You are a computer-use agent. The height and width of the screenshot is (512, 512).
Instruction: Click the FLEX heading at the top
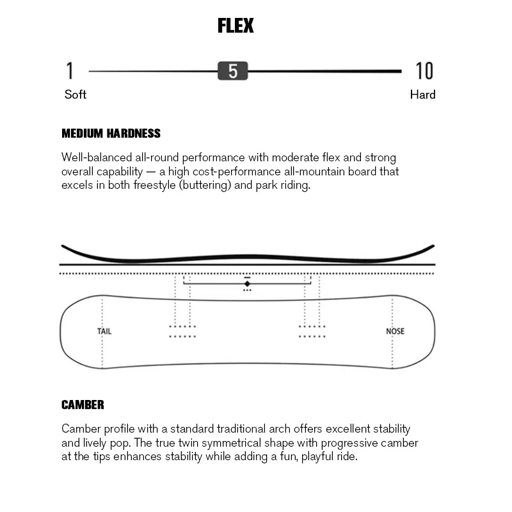tap(236, 26)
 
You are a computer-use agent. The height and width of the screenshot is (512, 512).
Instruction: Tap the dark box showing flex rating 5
tap(232, 71)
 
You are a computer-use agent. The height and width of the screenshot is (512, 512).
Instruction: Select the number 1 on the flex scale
tap(70, 71)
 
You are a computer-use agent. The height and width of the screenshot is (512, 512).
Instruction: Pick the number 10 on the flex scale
tap(424, 71)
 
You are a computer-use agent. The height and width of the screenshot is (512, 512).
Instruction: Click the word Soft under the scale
tap(76, 95)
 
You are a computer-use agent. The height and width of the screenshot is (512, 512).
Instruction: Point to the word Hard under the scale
tap(422, 95)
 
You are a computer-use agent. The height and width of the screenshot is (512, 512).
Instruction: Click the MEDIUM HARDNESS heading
tap(111, 134)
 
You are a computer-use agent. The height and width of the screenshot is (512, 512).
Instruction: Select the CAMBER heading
tap(83, 405)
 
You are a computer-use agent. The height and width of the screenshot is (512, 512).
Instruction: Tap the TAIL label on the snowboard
tap(104, 332)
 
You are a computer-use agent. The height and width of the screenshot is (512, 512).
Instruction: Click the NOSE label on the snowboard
tap(395, 332)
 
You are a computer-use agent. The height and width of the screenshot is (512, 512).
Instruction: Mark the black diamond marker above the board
tap(247, 284)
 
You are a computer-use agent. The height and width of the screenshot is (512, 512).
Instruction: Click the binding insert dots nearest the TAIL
tap(182, 332)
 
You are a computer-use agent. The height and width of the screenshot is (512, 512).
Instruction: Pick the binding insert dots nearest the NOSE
tap(312, 332)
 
